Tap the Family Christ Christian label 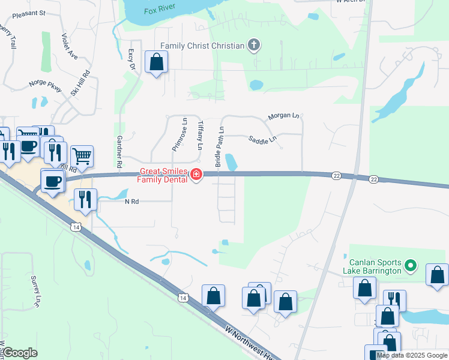202,46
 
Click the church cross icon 254,46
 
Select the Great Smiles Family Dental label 163,175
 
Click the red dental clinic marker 196,175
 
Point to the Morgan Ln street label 283,115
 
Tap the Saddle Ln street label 262,139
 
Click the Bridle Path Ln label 220,147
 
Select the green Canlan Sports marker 411,265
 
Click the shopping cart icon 82,156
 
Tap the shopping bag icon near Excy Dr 156,62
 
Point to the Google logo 20,353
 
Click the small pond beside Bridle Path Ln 231,161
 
